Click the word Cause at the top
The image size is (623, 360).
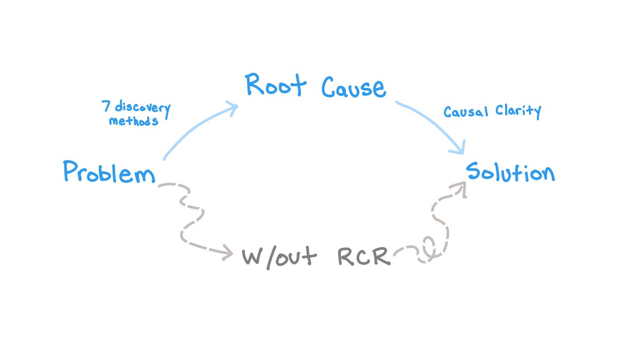(x=354, y=87)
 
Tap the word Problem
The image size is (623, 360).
(x=109, y=172)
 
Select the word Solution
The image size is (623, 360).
(x=510, y=171)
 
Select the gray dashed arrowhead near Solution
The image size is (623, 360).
(x=461, y=188)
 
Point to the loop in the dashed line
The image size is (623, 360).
(x=429, y=246)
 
